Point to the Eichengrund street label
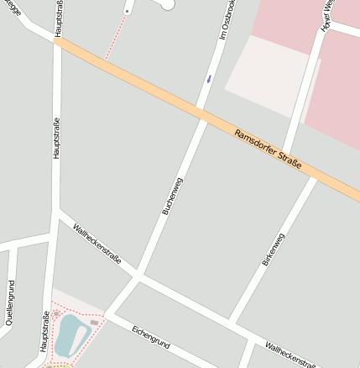click(x=151, y=337)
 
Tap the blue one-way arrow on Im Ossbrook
click(x=209, y=78)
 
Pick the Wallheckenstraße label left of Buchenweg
click(x=97, y=244)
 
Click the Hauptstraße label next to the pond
click(x=43, y=331)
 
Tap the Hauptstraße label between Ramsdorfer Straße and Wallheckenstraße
click(x=56, y=139)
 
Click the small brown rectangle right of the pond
click(x=94, y=322)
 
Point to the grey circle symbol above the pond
click(x=56, y=313)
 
